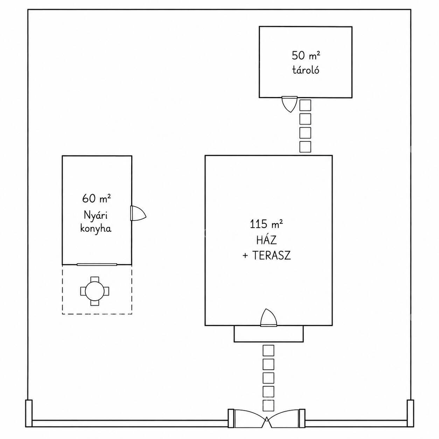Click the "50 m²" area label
(x=306, y=55)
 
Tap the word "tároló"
(x=306, y=70)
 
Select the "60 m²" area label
(x=96, y=198)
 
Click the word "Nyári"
(x=96, y=216)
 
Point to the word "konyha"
(x=96, y=228)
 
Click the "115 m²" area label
(x=266, y=224)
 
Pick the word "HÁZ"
(x=266, y=240)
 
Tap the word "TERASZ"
(x=266, y=256)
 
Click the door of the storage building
(x=290, y=104)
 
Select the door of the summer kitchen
(x=138, y=213)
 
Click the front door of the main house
(x=269, y=318)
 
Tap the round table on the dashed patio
(x=95, y=291)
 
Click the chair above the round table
(x=95, y=279)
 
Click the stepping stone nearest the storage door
(x=305, y=105)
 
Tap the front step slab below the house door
(x=269, y=334)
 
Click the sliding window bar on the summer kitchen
(x=97, y=265)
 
